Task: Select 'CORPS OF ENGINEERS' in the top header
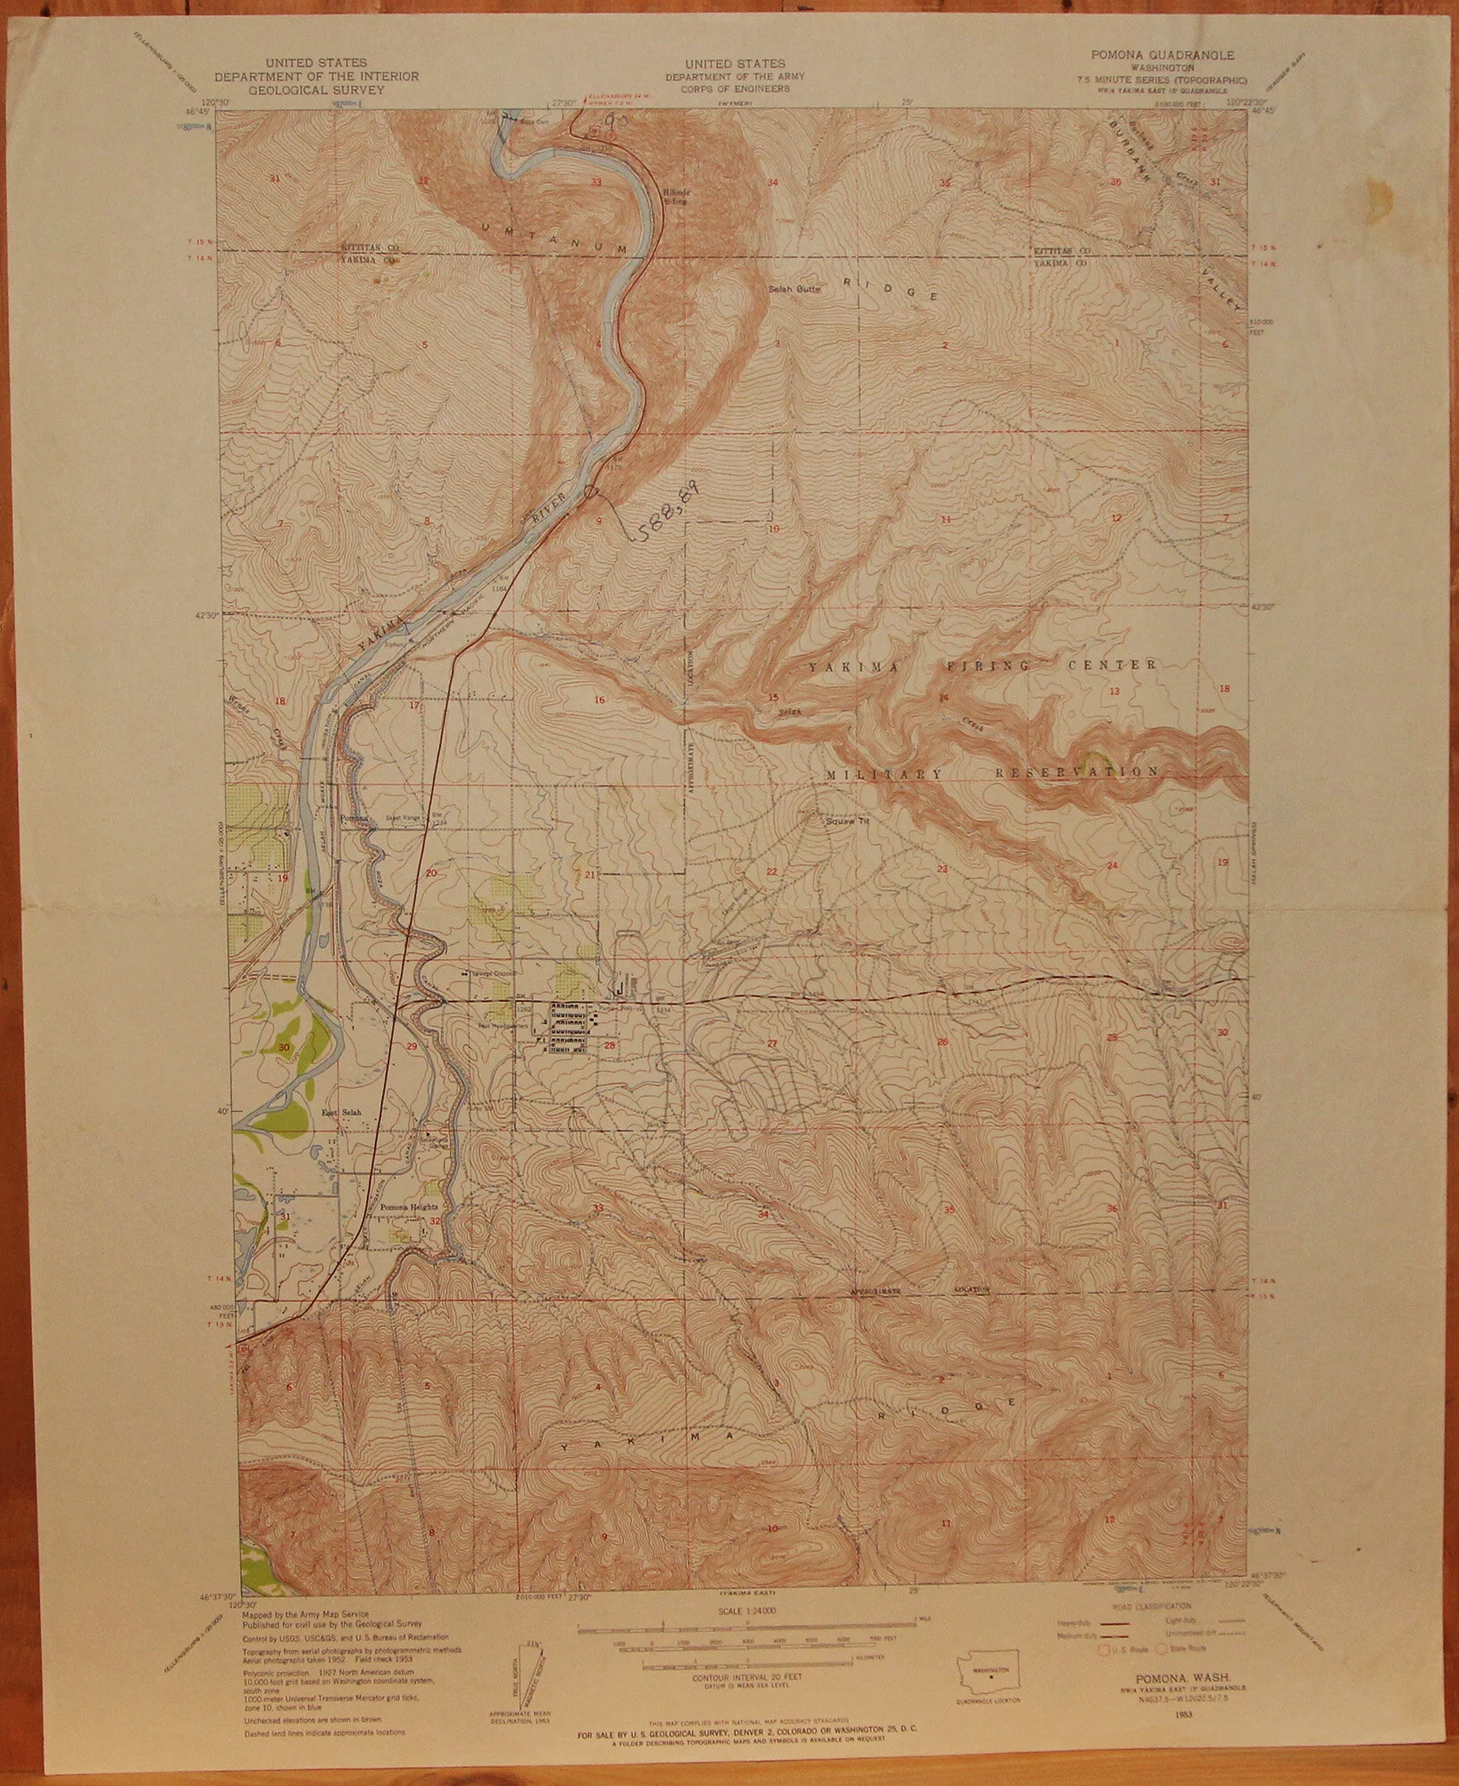point(736,90)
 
